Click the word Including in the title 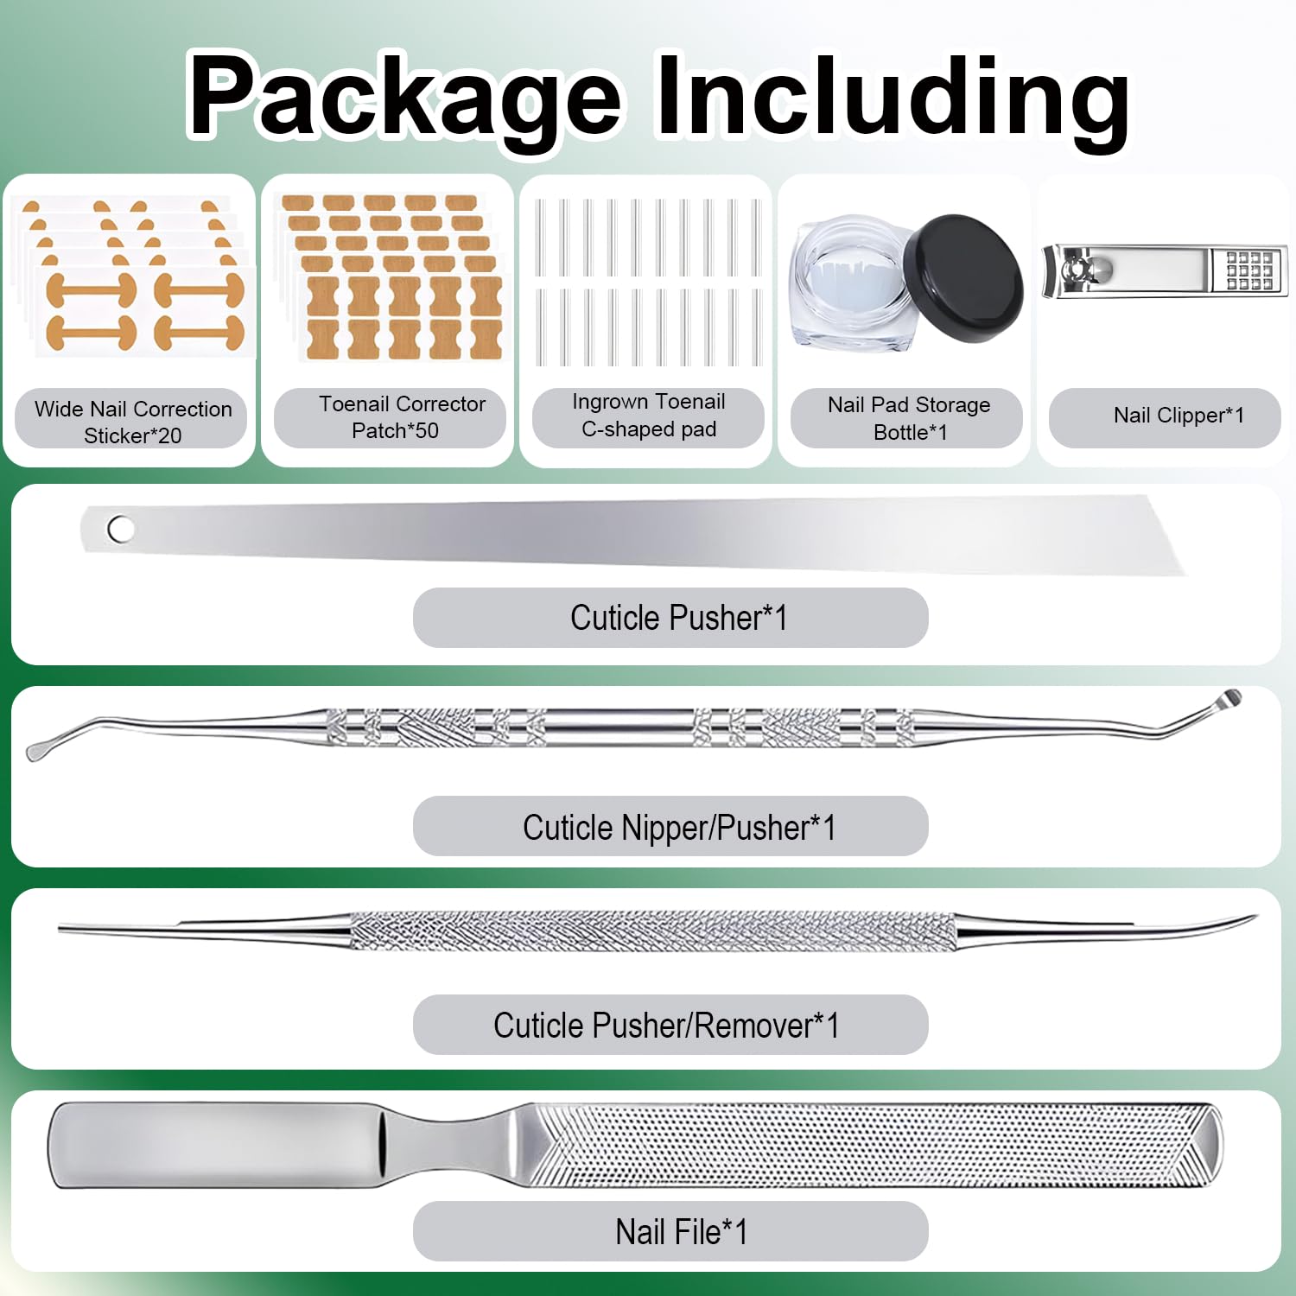point(893,97)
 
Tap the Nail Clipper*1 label point(1178,416)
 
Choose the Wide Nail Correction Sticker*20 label point(133,422)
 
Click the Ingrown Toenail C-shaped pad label point(649,415)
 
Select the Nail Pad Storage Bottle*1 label point(909,418)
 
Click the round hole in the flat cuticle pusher point(120,529)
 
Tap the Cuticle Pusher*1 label point(678,618)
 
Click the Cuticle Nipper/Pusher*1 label point(679,828)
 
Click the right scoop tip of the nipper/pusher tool point(1229,698)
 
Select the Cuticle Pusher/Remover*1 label point(666,1026)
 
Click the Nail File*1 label point(681,1232)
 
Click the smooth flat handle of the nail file point(216,1146)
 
